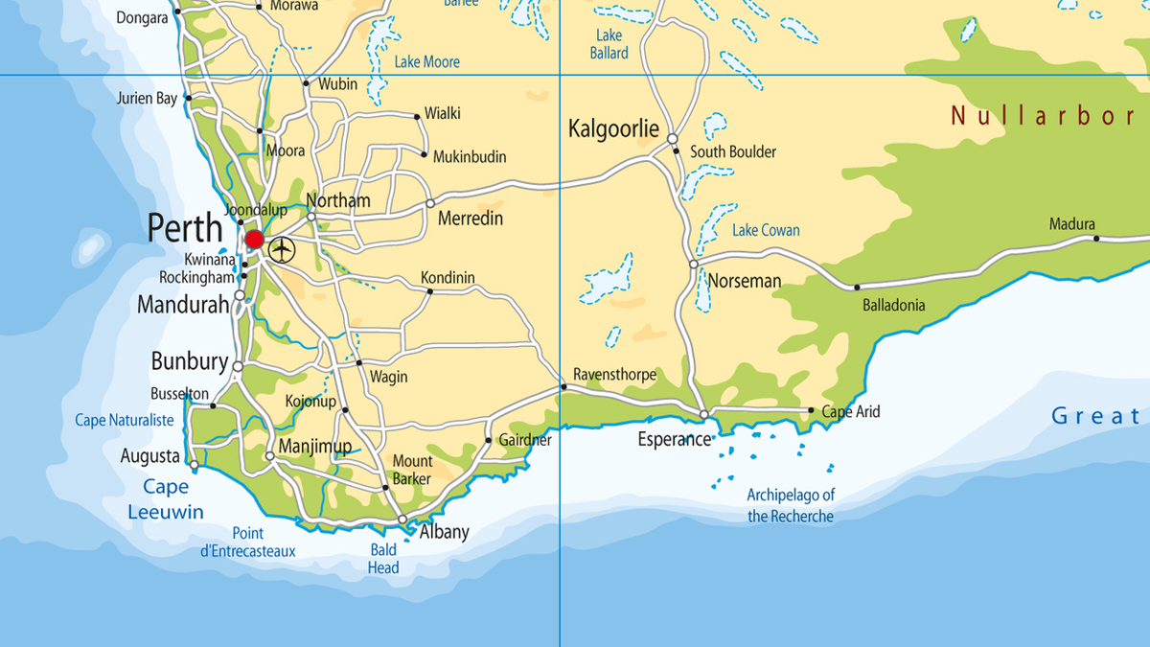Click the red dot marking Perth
[254, 239]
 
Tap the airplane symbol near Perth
[282, 250]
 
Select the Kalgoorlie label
[613, 128]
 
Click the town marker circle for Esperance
[703, 415]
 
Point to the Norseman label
[745, 282]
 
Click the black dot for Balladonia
[857, 287]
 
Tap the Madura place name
[1071, 224]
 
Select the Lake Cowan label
[766, 230]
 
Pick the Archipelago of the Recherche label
[791, 506]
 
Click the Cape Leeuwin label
[166, 499]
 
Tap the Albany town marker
[402, 520]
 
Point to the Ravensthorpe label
[614, 374]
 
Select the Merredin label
[471, 220]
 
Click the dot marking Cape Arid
[812, 411]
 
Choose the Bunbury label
[190, 361]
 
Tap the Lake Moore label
[427, 62]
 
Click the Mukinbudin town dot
[424, 153]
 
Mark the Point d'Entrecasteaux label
[248, 543]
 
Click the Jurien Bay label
[148, 98]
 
